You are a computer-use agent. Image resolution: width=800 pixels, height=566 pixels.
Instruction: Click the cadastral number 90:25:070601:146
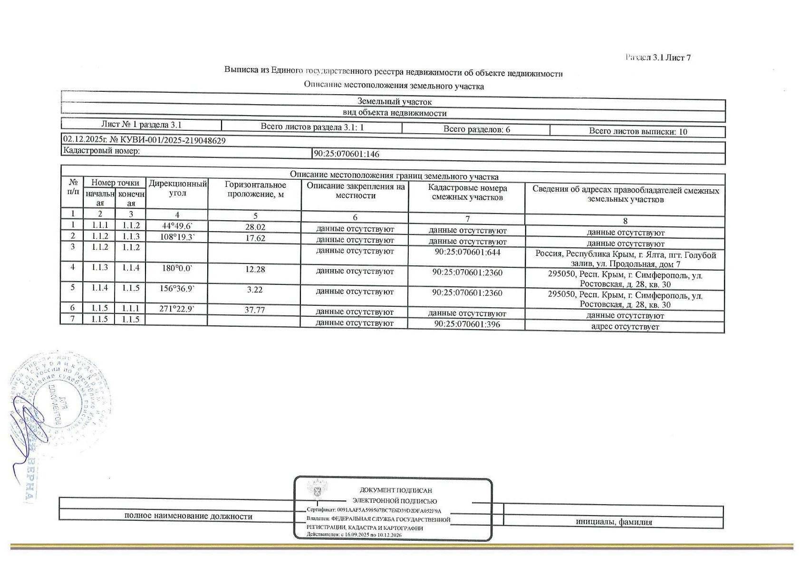[347, 154]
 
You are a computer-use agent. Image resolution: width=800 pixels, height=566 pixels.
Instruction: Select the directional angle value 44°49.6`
[177, 225]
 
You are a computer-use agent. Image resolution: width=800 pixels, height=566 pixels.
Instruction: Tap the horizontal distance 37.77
[255, 310]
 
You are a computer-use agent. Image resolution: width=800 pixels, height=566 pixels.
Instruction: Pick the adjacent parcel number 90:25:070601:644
[467, 252]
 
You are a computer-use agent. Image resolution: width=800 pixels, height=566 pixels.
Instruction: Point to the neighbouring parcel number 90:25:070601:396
[467, 324]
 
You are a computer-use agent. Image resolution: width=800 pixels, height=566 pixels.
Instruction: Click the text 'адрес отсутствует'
[625, 326]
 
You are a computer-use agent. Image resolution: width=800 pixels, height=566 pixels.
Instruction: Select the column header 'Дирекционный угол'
[177, 188]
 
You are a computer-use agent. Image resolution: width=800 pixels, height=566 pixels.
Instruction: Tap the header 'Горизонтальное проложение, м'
[255, 189]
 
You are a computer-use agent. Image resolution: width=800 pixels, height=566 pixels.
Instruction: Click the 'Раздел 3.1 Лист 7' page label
[658, 58]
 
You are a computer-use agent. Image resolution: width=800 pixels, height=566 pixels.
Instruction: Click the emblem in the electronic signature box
[316, 488]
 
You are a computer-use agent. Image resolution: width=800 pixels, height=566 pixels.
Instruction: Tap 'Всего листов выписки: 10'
[638, 132]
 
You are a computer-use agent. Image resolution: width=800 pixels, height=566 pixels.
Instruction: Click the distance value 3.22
[255, 289]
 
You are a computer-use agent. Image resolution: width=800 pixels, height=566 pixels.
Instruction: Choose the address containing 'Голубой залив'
[625, 259]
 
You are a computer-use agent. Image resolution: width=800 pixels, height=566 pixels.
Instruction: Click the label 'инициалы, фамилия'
[614, 522]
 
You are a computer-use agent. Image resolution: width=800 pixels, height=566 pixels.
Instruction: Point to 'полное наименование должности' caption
[188, 516]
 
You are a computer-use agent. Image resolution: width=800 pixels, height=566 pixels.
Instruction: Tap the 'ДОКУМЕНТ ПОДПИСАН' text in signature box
[395, 490]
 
